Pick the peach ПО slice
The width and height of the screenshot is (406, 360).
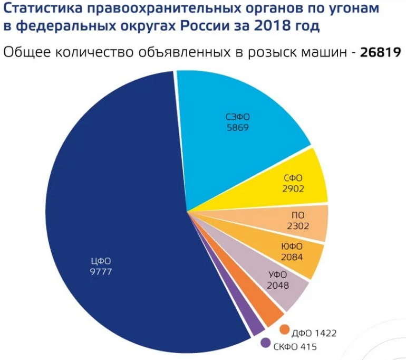[301, 222]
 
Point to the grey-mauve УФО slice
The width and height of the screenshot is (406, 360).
[279, 285]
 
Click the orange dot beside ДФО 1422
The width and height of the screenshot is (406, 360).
[285, 330]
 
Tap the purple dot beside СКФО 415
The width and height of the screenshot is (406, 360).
[266, 343]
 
